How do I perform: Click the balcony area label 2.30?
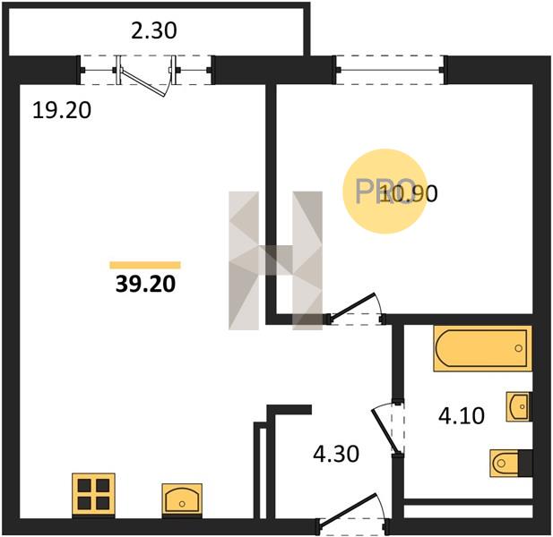click(x=154, y=30)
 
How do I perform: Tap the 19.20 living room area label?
click(x=62, y=110)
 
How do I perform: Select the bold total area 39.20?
click(x=145, y=285)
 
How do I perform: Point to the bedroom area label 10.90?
click(x=409, y=193)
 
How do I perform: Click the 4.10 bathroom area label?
click(x=462, y=416)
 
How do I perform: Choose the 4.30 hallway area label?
click(x=336, y=454)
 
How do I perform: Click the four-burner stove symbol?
click(x=93, y=494)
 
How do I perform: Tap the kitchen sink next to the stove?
click(x=182, y=499)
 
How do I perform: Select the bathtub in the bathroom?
click(x=483, y=348)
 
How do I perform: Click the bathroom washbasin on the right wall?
click(x=518, y=406)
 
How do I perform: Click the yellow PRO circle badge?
click(x=385, y=192)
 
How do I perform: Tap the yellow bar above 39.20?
click(x=145, y=265)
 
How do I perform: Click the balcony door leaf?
click(x=143, y=82)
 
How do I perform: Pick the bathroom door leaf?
click(x=386, y=430)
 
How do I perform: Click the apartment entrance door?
click(x=349, y=509)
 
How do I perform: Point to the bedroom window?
click(x=390, y=70)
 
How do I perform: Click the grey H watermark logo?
click(x=275, y=260)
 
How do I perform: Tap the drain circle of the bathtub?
click(x=518, y=348)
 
